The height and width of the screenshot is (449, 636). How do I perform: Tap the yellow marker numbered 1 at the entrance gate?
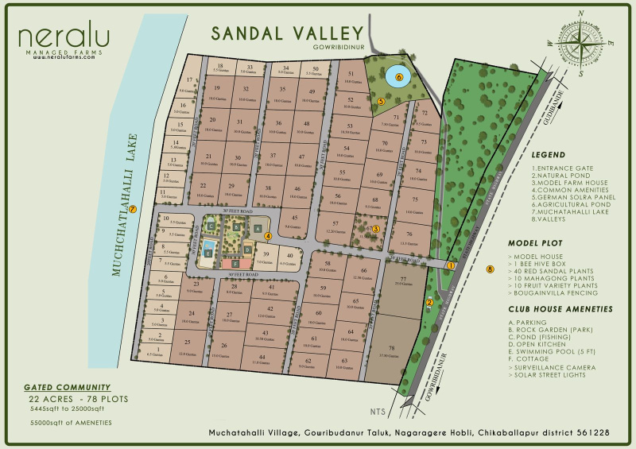(x=450, y=265)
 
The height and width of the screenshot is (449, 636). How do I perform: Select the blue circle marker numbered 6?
(x=399, y=78)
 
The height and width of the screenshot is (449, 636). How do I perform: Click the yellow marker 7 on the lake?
(x=133, y=210)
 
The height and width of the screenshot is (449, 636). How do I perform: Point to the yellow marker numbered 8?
(x=491, y=270)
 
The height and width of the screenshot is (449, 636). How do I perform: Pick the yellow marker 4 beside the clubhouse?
(x=269, y=235)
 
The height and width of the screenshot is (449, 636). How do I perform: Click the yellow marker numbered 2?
(x=429, y=301)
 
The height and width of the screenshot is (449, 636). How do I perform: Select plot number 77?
(x=402, y=282)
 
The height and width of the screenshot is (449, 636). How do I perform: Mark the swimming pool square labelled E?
(x=208, y=253)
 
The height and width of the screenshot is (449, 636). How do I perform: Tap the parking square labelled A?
(x=258, y=228)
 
